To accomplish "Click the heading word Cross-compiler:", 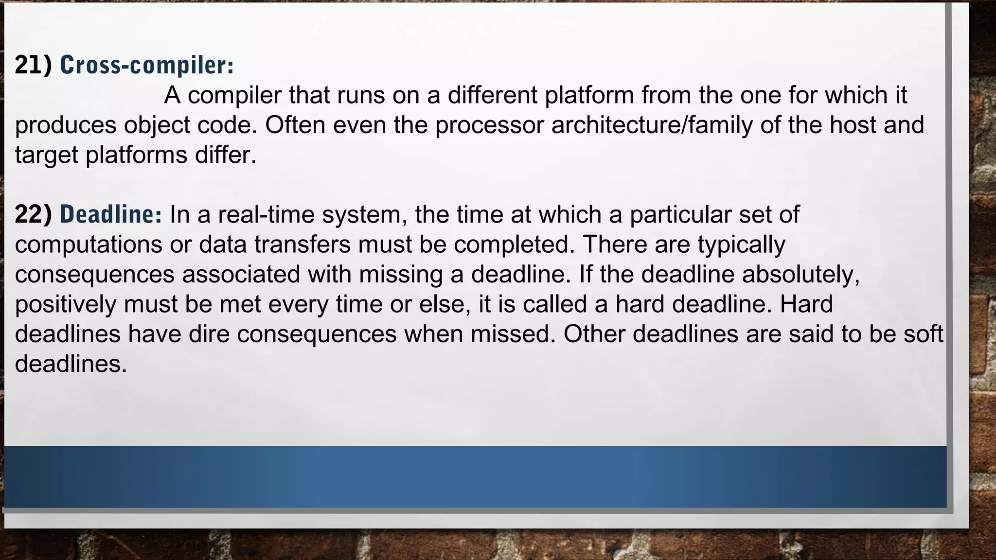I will point(146,65).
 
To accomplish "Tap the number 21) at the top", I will point(33,65).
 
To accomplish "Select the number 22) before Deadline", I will point(33,214).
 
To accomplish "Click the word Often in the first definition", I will point(295,125).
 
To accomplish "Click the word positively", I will point(66,304).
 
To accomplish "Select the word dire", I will point(209,334).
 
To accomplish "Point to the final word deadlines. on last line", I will point(71,364).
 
